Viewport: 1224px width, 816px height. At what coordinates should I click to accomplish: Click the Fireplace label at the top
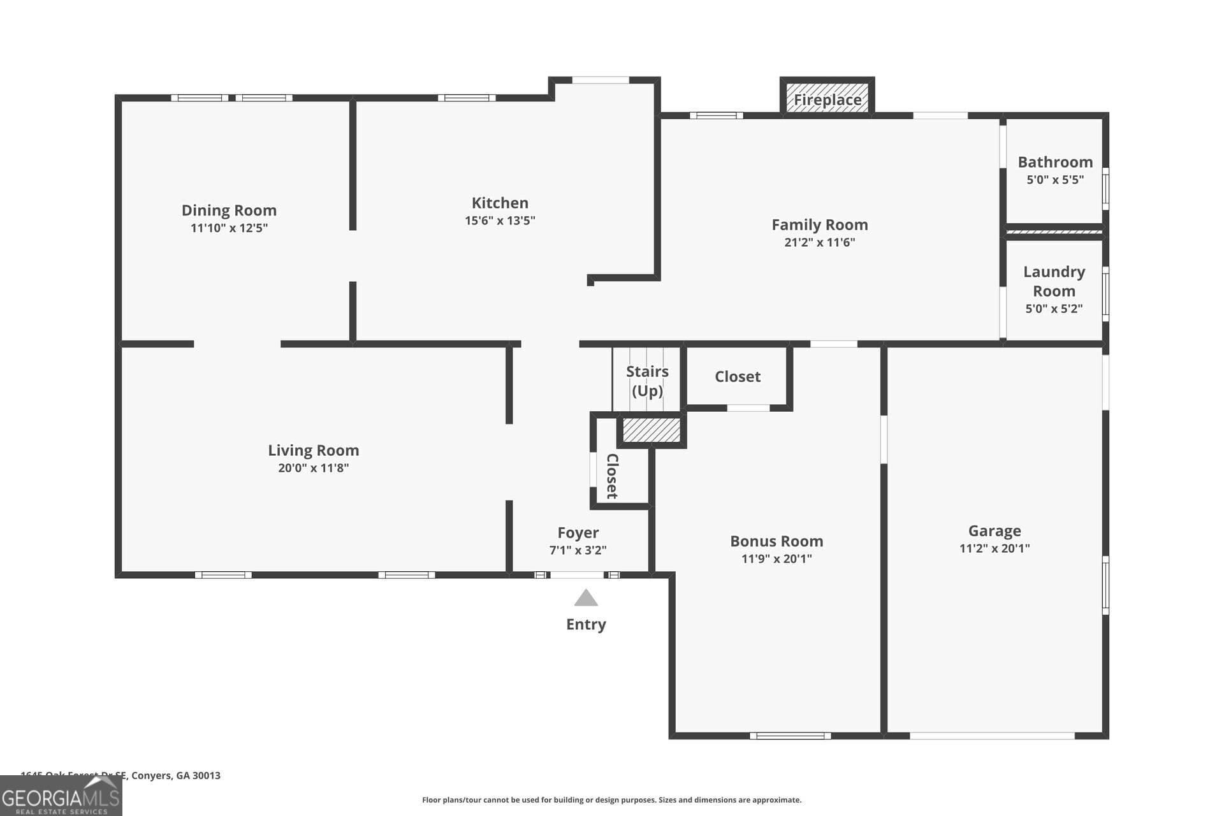(827, 99)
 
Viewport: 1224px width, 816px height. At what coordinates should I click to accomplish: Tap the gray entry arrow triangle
(586, 598)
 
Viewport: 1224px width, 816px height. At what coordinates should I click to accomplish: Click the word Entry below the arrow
(586, 624)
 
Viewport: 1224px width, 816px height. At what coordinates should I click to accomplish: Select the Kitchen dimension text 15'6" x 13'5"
(500, 221)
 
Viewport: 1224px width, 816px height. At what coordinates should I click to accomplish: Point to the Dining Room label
(229, 210)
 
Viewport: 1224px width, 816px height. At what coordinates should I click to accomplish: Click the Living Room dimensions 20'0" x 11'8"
(313, 468)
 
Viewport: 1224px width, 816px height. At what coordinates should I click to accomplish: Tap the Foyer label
(578, 532)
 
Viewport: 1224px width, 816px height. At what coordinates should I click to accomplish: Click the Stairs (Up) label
(647, 381)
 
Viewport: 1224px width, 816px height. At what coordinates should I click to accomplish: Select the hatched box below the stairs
(651, 430)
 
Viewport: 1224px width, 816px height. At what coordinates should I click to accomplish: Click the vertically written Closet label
(611, 476)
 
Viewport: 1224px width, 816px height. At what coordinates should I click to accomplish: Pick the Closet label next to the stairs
(737, 377)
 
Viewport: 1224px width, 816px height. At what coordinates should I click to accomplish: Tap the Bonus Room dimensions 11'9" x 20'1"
(776, 559)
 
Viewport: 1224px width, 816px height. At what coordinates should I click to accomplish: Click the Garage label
(994, 530)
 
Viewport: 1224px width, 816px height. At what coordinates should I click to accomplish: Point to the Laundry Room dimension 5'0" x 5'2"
(1053, 309)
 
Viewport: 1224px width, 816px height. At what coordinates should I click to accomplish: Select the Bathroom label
(1054, 162)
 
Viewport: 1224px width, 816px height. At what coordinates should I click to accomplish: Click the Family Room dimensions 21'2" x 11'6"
(819, 242)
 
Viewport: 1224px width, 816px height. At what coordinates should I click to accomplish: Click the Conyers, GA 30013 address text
(175, 775)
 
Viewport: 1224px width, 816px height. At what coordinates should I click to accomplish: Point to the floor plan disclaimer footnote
(611, 800)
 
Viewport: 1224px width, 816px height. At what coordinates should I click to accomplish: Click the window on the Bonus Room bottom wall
(790, 736)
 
